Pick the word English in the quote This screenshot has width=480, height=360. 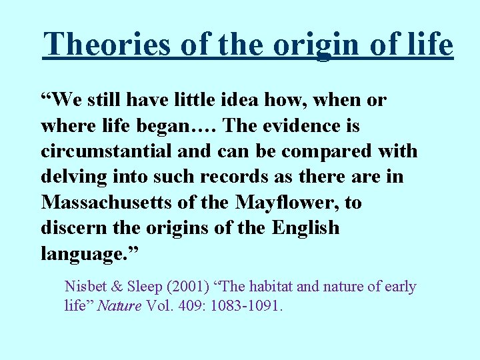click(305, 228)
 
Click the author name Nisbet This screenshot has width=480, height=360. click(83, 287)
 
